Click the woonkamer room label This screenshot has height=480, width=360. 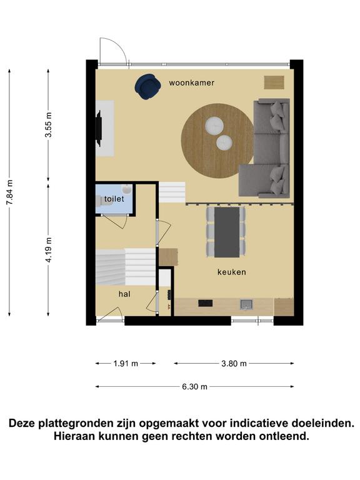(x=192, y=82)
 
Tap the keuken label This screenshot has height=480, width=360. (x=232, y=272)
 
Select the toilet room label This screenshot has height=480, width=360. (x=114, y=199)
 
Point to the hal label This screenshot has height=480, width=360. (x=124, y=294)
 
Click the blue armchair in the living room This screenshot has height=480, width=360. (x=148, y=87)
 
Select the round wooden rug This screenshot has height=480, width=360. (x=217, y=141)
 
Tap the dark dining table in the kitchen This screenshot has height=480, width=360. (x=227, y=232)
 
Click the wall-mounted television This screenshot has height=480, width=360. (x=99, y=129)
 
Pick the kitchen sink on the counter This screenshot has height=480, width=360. (x=246, y=304)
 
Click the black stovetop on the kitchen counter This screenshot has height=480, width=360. (x=206, y=303)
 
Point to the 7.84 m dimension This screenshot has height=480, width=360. (x=10, y=193)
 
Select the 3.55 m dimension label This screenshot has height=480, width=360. (x=48, y=124)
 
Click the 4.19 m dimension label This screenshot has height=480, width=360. (x=48, y=250)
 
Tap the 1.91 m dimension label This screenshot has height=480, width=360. (x=126, y=364)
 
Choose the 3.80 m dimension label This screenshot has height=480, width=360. (x=234, y=364)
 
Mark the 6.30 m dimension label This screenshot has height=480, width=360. (x=195, y=387)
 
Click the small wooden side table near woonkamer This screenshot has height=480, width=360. (x=274, y=82)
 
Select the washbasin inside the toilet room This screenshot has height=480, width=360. (x=127, y=189)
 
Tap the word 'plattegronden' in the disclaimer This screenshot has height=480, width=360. (x=87, y=424)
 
